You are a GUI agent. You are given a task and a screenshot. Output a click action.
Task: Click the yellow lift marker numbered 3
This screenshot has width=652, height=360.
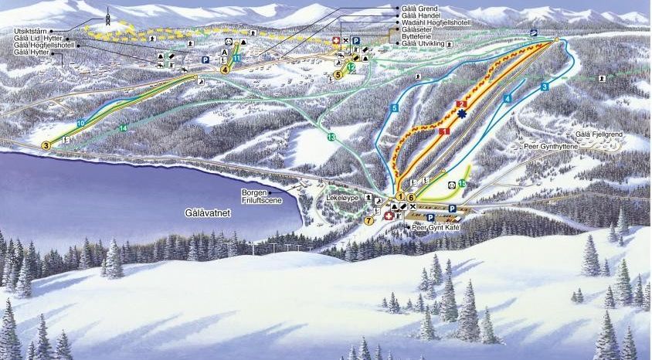point(46,144)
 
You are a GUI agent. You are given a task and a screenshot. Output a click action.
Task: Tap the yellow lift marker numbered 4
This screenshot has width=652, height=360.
point(225,69)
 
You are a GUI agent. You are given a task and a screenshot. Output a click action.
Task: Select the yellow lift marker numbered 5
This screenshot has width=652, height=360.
point(338,75)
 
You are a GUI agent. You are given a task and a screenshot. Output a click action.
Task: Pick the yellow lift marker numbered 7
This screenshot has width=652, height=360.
point(368,220)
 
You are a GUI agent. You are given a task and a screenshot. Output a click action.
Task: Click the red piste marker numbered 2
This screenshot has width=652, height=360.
point(463,104)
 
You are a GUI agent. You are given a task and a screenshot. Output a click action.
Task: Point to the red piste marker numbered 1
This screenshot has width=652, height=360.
point(444,133)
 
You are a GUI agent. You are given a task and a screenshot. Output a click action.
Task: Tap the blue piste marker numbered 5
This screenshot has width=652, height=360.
point(394,108)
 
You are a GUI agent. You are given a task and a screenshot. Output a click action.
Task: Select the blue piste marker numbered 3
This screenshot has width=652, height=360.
point(545,87)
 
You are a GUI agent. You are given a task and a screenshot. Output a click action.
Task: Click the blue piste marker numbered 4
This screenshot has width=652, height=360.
point(508,98)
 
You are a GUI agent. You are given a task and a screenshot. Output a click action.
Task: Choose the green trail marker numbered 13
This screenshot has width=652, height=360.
point(331,137)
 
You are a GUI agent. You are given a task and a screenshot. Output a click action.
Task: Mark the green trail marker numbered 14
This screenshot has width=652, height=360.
point(123,127)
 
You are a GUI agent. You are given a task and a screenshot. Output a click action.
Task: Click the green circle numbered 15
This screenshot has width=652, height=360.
point(461,183)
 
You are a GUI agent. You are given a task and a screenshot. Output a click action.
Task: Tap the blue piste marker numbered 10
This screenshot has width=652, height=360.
point(80,124)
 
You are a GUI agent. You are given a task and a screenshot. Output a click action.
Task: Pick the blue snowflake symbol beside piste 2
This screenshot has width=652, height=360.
point(462,115)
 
